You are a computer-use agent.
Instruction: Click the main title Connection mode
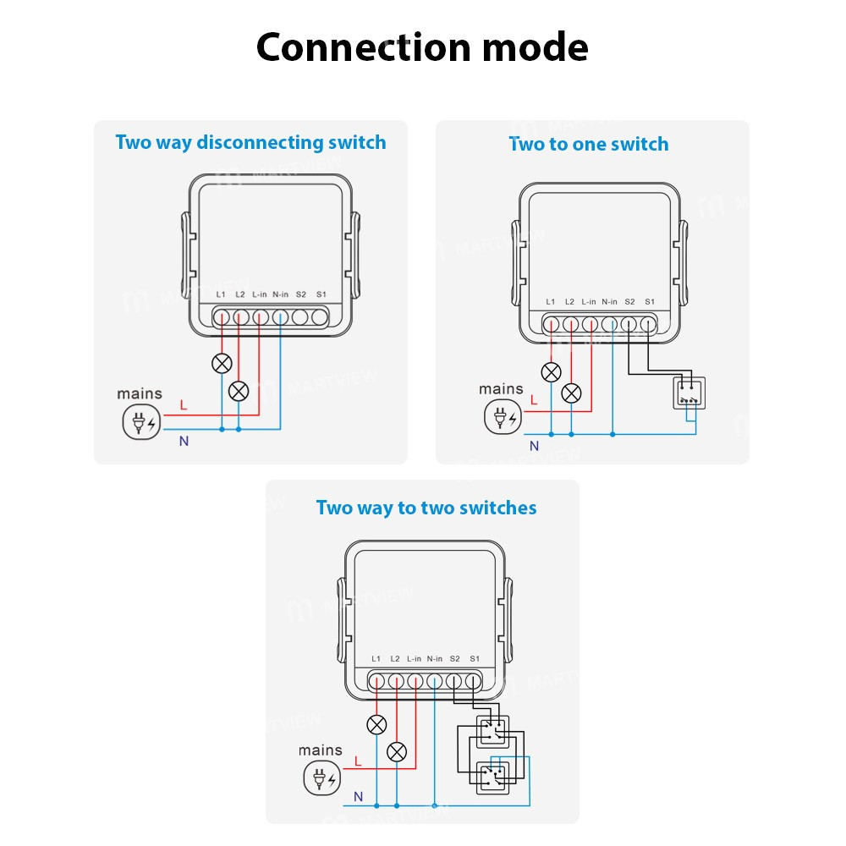tap(422, 47)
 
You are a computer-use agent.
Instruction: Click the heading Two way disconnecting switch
tap(250, 142)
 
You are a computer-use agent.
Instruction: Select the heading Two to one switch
tap(588, 144)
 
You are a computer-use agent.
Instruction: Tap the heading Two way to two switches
tap(426, 508)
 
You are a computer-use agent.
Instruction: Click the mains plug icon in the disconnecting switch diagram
tap(140, 422)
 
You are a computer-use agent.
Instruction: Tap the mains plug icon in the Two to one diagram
tap(501, 417)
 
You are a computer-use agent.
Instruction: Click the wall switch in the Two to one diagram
tap(688, 393)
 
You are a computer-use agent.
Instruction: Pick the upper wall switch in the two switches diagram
tap(492, 731)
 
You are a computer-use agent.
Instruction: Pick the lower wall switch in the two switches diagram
tap(492, 777)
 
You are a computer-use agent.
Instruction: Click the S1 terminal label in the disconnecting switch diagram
tap(321, 294)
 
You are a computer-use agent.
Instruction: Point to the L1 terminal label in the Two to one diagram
tap(551, 302)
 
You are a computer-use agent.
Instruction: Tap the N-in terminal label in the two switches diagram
tap(434, 659)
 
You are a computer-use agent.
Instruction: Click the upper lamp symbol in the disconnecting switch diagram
tap(222, 365)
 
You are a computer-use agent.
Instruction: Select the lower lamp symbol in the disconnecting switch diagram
tap(239, 391)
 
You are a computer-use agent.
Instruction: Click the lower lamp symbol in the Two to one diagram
tap(572, 393)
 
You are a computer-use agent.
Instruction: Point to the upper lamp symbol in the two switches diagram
tap(376, 725)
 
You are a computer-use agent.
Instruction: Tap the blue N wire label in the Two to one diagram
tap(534, 446)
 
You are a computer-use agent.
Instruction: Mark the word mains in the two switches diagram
tap(321, 750)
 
